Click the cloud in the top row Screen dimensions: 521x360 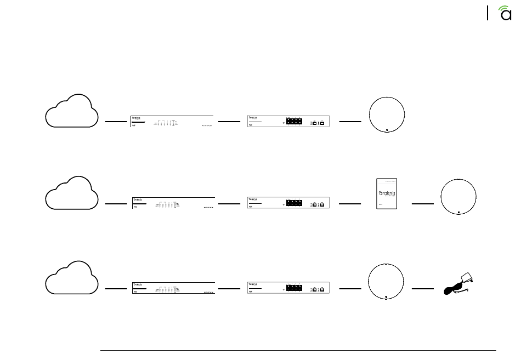(71, 112)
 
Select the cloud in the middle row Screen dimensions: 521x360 (71, 194)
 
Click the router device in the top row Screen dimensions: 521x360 (172, 121)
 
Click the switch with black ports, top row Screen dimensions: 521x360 (287, 121)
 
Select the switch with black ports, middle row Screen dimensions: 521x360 (287, 203)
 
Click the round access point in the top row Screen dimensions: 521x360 (387, 115)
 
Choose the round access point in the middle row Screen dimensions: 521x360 (458, 196)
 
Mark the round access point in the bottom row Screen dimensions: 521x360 (387, 281)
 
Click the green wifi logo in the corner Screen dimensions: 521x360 (505, 13)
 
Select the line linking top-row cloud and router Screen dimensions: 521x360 (115, 121)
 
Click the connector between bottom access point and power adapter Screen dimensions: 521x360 (422, 288)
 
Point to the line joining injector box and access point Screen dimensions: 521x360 (422, 204)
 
